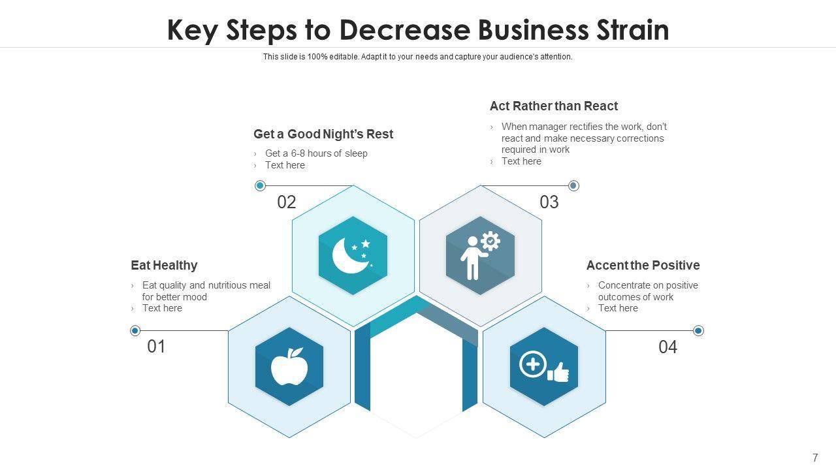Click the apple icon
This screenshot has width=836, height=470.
point(289,367)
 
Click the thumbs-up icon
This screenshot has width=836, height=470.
point(558,373)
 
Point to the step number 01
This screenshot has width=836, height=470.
point(156,347)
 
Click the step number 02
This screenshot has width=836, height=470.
point(287,202)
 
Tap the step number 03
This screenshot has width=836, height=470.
point(549,202)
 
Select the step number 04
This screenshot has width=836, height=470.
point(667,347)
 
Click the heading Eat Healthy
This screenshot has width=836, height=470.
point(164,265)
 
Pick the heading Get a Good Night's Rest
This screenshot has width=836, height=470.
point(323,134)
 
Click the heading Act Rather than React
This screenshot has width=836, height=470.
point(554,106)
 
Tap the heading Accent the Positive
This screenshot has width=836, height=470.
point(643,265)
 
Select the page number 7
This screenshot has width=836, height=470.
point(815,458)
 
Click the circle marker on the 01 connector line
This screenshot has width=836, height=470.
point(135,331)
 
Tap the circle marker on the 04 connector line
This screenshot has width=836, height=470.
point(698,331)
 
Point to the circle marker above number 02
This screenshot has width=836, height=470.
point(260,186)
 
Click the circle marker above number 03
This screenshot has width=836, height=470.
point(573,186)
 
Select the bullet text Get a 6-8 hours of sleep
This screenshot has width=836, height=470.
point(316,153)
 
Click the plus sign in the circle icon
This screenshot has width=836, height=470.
point(532,364)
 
